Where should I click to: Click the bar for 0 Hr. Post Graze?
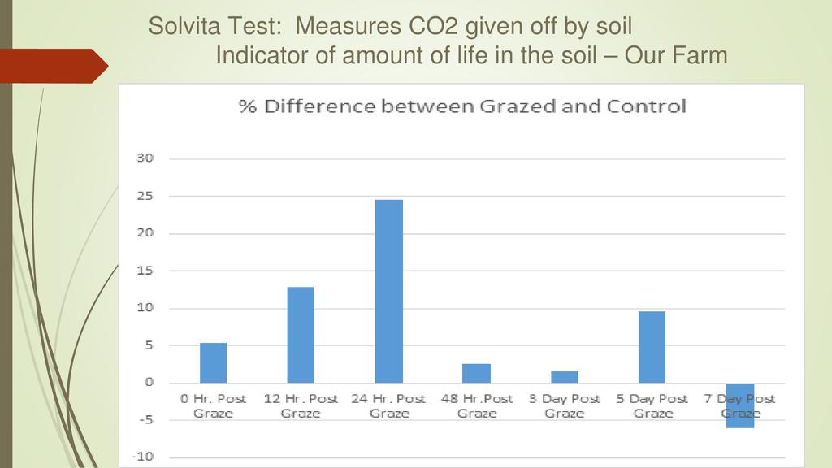213,362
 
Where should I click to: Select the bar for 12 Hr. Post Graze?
301,335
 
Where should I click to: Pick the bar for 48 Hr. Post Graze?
476,373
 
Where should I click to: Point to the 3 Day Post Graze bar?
564,377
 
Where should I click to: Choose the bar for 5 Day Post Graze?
652,347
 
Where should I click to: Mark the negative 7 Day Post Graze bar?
740,405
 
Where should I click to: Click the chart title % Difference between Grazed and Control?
461,106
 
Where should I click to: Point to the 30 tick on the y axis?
144,158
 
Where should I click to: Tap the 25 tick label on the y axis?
144,196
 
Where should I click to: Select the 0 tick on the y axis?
149,383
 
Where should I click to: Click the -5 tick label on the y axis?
144,420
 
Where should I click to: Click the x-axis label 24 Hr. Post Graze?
388,405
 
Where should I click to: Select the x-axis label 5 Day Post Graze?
652,405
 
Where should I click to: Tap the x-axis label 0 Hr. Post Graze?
213,405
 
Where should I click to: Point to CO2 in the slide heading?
432,27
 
